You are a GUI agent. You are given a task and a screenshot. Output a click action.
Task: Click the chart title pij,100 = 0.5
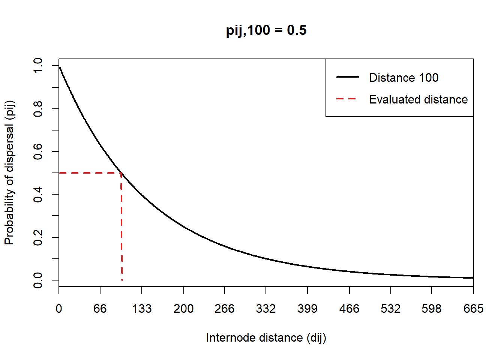[x=266, y=30]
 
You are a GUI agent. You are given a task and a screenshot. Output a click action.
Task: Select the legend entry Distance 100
[x=403, y=78]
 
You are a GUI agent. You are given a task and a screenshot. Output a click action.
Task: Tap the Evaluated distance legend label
[x=418, y=99]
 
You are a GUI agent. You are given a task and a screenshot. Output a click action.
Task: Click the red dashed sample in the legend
[x=348, y=99]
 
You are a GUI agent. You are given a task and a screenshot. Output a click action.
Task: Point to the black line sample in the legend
[x=348, y=77]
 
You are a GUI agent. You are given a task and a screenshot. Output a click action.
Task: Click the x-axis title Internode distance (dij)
[x=266, y=337]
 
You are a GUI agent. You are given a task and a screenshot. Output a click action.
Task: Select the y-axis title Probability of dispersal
[x=9, y=172]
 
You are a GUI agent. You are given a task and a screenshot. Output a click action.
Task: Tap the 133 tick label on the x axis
[x=142, y=309]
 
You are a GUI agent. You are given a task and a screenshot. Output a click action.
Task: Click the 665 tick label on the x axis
[x=473, y=309]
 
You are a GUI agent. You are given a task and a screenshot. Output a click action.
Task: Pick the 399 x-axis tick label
[x=307, y=309]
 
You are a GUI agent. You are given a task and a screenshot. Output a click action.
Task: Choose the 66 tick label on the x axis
[x=100, y=309]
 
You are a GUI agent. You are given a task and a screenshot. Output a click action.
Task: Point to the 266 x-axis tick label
[x=225, y=309]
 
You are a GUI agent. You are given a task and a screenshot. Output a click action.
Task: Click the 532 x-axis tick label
[x=391, y=309]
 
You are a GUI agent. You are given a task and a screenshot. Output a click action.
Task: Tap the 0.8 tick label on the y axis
[x=38, y=109]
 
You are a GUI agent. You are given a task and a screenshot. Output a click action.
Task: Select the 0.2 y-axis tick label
[x=38, y=237]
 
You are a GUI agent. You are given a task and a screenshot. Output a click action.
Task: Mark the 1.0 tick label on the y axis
[x=38, y=66]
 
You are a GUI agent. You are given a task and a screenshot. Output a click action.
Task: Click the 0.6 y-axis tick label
[x=38, y=151]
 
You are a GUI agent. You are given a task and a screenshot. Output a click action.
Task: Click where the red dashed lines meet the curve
[x=121, y=173]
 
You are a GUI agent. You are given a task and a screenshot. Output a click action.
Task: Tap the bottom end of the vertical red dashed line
[x=122, y=280]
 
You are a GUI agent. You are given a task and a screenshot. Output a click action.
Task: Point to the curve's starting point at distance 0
[x=59, y=67]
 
